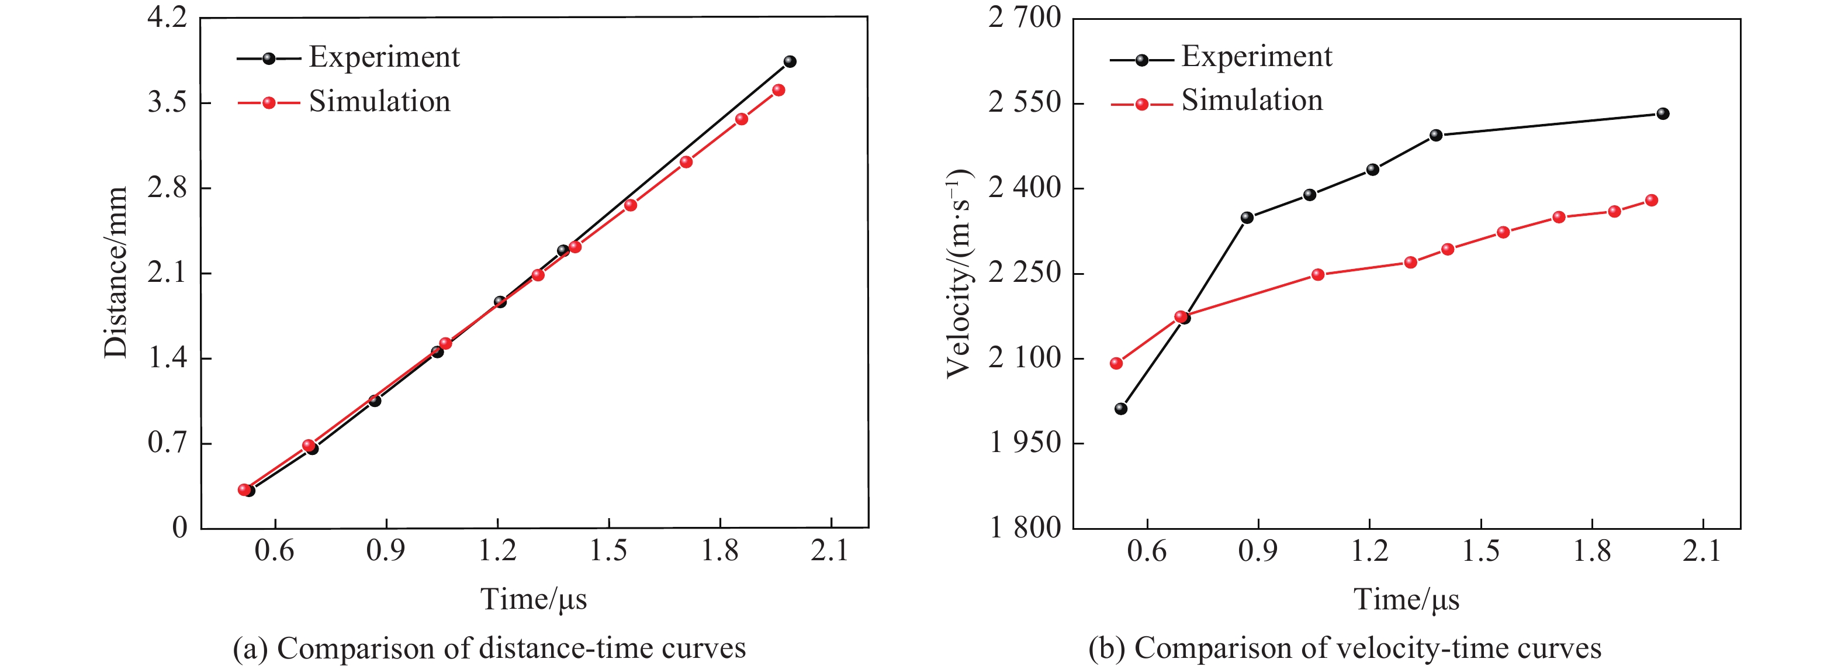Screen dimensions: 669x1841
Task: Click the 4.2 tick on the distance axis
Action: [x=167, y=17]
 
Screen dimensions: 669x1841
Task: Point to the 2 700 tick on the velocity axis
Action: [x=1024, y=17]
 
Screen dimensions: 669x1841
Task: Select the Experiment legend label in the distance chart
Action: [x=384, y=57]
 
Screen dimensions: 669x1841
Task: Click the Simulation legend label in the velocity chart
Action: [x=1251, y=100]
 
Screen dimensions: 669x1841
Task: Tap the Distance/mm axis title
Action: [x=116, y=273]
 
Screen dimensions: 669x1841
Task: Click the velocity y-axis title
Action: [x=959, y=273]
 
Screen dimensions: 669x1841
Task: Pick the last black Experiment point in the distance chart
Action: [x=790, y=61]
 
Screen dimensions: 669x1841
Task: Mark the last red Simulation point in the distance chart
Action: [x=779, y=90]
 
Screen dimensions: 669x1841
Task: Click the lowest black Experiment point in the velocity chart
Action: [x=1120, y=409]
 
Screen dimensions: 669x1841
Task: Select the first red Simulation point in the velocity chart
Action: [x=1116, y=363]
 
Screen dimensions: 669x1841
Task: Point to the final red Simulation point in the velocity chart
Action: [x=1652, y=200]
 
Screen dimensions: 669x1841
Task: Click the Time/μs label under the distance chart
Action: [x=533, y=599]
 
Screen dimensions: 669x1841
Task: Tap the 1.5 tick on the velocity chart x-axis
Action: [x=1481, y=550]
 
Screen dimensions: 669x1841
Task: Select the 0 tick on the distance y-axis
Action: [x=179, y=527]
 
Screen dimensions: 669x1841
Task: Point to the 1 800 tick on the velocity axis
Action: [x=1024, y=527]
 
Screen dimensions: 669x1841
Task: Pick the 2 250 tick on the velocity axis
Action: [x=1024, y=273]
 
